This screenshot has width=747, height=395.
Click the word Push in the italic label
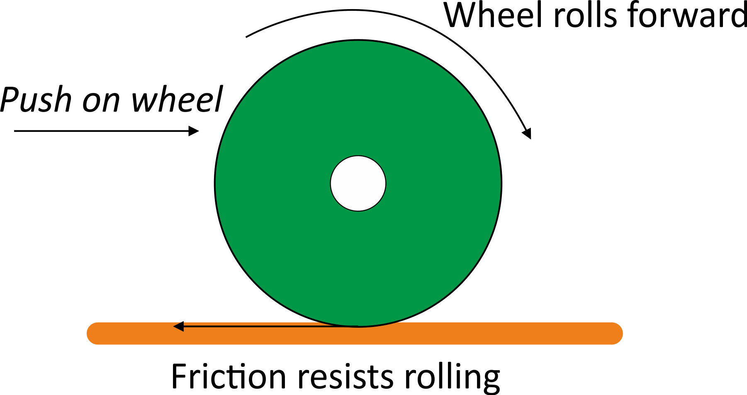pyautogui.click(x=36, y=100)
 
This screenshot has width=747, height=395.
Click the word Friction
pyautogui.click(x=229, y=376)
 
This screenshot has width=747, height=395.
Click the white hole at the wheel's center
pyautogui.click(x=358, y=183)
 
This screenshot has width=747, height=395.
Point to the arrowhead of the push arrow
pyautogui.click(x=194, y=131)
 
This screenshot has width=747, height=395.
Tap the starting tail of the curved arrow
pyautogui.click(x=247, y=37)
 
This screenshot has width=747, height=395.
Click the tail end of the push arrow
pyautogui.click(x=15, y=131)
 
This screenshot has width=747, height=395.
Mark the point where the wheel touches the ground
pyautogui.click(x=358, y=327)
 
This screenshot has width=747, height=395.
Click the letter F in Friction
pyautogui.click(x=179, y=376)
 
